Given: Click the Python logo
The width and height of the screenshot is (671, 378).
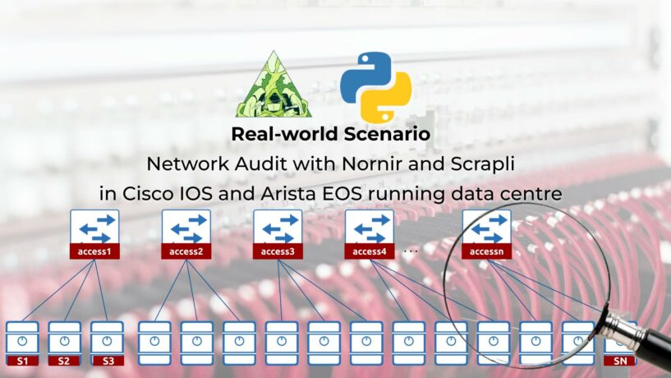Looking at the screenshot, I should point(376,86).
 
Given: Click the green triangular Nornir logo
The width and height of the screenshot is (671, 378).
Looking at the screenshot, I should point(273,85).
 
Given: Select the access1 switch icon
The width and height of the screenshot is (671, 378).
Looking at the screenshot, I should point(94,228).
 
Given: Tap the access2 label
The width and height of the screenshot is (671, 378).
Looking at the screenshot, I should point(186,251).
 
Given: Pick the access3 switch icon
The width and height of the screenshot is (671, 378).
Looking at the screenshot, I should point(278,228).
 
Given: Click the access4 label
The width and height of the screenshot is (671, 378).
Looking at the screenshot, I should point(370,251).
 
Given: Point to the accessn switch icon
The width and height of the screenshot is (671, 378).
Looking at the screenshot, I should point(487,228).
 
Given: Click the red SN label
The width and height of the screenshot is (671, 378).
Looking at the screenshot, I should point(620,360).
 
